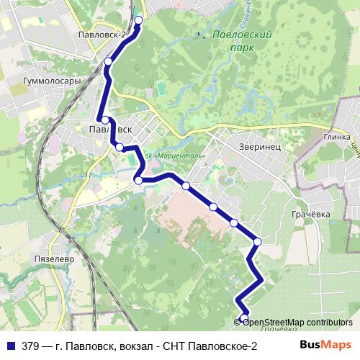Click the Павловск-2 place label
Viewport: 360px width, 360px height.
[x=104, y=34]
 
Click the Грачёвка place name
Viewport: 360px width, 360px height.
[x=310, y=214]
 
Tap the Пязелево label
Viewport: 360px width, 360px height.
[x=49, y=257]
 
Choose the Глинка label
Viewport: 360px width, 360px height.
[x=336, y=136]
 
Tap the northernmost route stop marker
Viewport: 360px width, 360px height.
[x=138, y=20]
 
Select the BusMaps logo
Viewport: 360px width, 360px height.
[x=325, y=346]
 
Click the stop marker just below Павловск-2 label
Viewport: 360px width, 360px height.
[x=108, y=62]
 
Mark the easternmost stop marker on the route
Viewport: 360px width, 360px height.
[x=257, y=241]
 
